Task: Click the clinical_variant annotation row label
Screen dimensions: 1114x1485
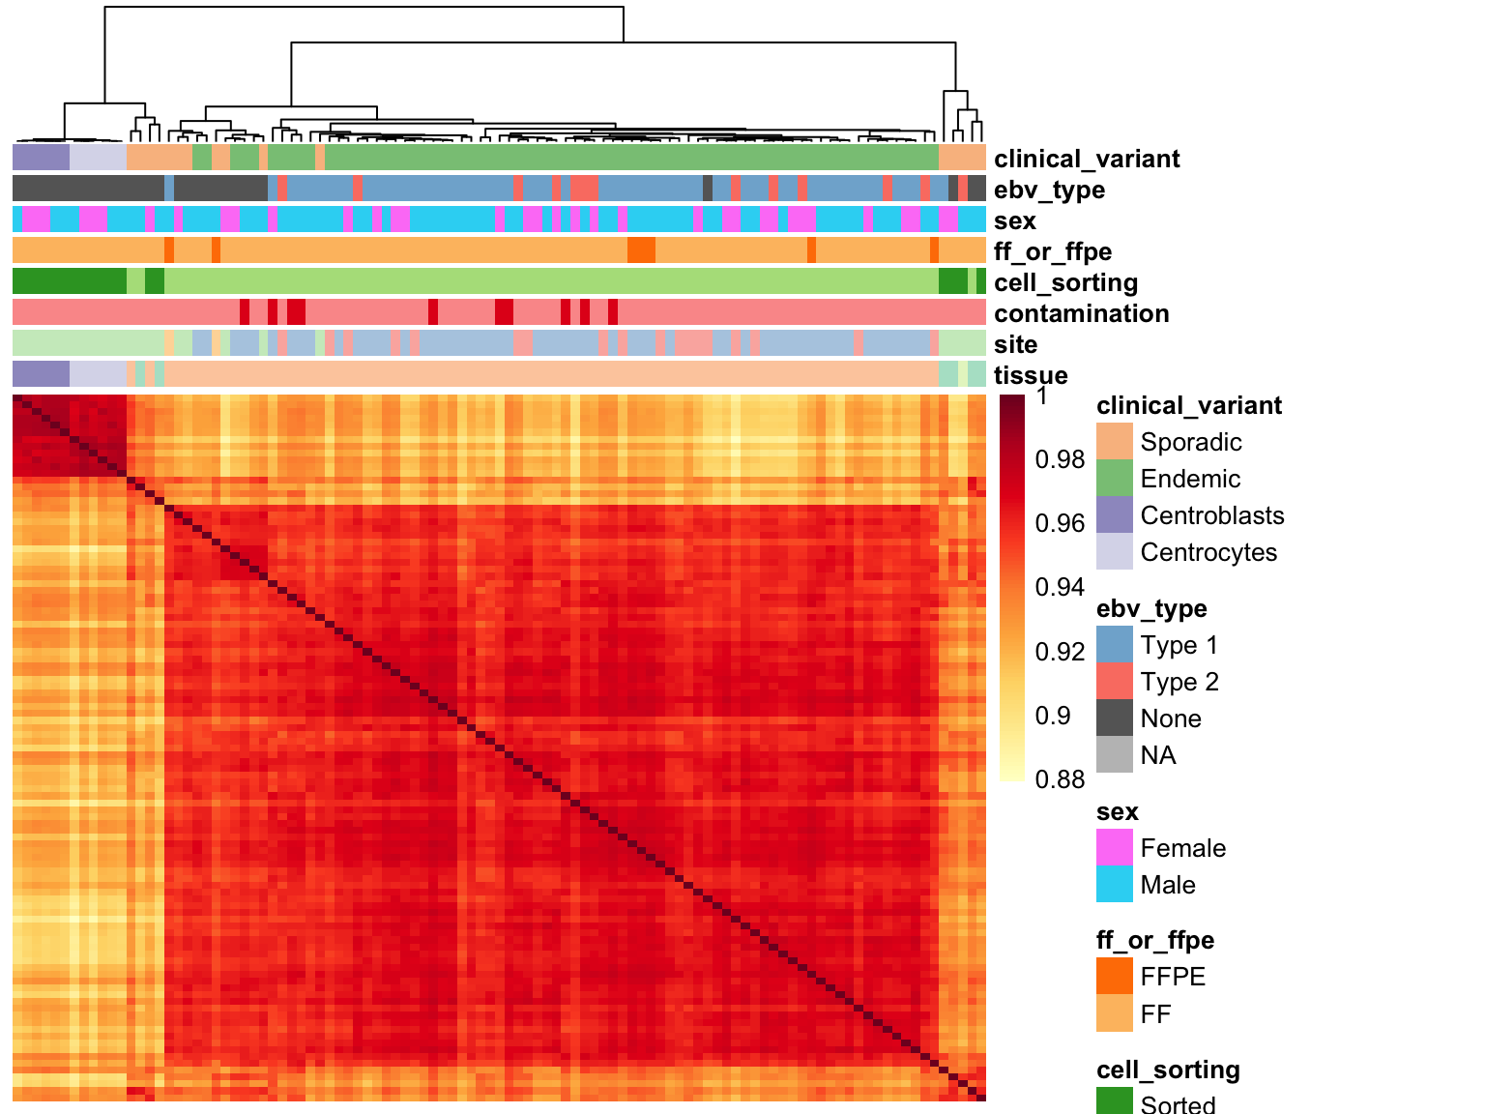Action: [x=1086, y=159]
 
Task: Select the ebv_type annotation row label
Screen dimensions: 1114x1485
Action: [x=1049, y=190]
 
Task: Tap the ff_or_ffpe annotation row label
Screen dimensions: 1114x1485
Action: [x=1052, y=251]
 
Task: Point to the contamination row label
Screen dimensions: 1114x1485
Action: [x=1081, y=313]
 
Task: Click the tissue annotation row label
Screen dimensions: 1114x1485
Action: [x=1031, y=375]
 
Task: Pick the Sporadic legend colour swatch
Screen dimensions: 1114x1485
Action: [x=1115, y=442]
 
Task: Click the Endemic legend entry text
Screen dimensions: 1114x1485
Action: [x=1190, y=479]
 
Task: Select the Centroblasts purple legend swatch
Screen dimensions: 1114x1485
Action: [x=1115, y=515]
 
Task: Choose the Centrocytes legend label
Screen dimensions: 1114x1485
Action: [x=1208, y=552]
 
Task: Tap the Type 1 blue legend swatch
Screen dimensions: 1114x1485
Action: [x=1115, y=645]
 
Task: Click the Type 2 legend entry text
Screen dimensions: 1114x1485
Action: [x=1179, y=682]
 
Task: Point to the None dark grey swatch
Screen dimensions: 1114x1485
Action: [x=1115, y=718]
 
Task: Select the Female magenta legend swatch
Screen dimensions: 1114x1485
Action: [x=1115, y=848]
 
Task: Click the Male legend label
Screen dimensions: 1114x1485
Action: [x=1168, y=885]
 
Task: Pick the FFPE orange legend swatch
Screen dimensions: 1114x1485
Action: [x=1115, y=977]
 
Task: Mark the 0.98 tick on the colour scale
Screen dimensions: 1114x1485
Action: [x=1060, y=459]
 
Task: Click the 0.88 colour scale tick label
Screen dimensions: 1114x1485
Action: [x=1060, y=779]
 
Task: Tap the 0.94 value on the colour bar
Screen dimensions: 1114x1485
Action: [x=1060, y=587]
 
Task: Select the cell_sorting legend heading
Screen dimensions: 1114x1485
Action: [x=1168, y=1070]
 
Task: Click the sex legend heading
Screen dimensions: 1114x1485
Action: [x=1117, y=811]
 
